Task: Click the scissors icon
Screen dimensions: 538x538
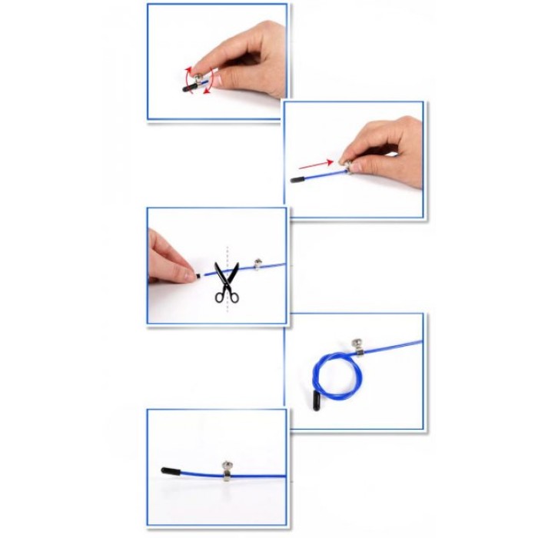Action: (x=226, y=283)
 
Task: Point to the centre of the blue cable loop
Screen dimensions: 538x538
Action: (x=328, y=376)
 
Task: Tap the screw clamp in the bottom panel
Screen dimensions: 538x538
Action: (x=228, y=471)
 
